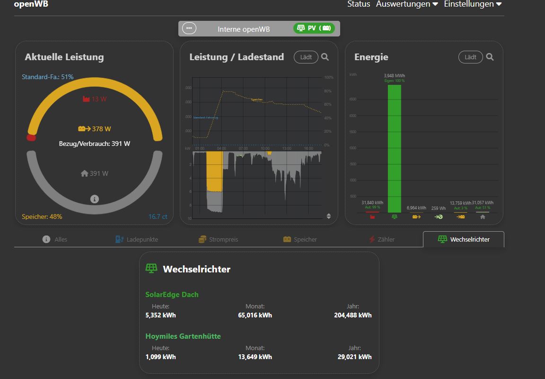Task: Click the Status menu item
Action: pyautogui.click(x=359, y=4)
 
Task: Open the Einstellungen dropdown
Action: pyautogui.click(x=472, y=4)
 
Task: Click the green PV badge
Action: pyautogui.click(x=314, y=28)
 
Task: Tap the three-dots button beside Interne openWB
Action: pyautogui.click(x=189, y=28)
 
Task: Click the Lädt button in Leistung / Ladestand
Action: pyautogui.click(x=306, y=57)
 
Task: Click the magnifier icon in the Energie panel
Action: pyautogui.click(x=490, y=57)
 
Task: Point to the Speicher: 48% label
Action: pyautogui.click(x=42, y=217)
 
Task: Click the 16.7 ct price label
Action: pyautogui.click(x=158, y=217)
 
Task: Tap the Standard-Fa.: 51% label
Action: pyautogui.click(x=48, y=77)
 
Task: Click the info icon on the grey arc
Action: pyautogui.click(x=95, y=199)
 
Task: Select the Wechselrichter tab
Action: pyautogui.click(x=464, y=239)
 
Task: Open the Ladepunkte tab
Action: pyautogui.click(x=137, y=239)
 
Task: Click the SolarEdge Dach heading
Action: pyautogui.click(x=172, y=295)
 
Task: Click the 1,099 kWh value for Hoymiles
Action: pyautogui.click(x=160, y=357)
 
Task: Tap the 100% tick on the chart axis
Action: pyautogui.click(x=329, y=77)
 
